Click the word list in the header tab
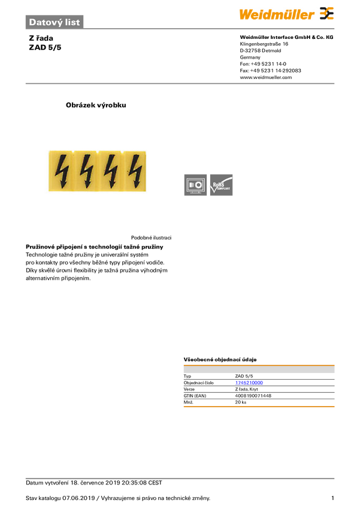pyautogui.click(x=72, y=22)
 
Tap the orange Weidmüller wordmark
pyautogui.click(x=277, y=14)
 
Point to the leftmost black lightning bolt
pyautogui.click(x=60, y=170)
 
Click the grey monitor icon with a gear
pyautogui.click(x=195, y=185)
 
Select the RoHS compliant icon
pyautogui.click(x=222, y=185)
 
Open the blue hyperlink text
pyautogui.click(x=249, y=382)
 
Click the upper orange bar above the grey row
pyautogui.click(x=259, y=363)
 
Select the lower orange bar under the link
pyautogui.click(x=259, y=407)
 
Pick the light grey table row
pyautogui.click(x=259, y=371)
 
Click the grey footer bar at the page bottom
pyautogui.click(x=180, y=478)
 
